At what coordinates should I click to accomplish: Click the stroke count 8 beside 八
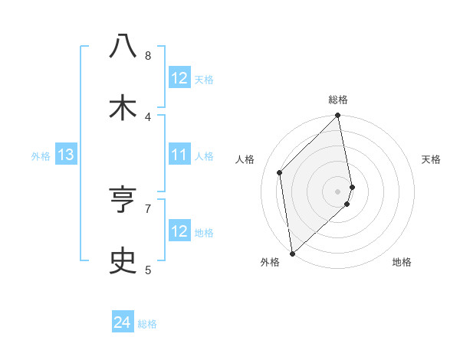click(148, 55)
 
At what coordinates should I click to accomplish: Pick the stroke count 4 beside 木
click(148, 116)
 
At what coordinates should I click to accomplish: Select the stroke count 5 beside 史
click(148, 270)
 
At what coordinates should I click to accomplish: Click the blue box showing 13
click(65, 155)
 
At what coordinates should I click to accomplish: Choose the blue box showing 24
click(123, 323)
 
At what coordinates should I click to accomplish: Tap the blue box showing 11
click(179, 155)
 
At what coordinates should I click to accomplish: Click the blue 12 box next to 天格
click(179, 78)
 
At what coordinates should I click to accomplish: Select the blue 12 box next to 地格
click(179, 231)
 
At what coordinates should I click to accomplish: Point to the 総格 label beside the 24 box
click(147, 324)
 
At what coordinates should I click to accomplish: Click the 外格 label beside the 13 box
click(41, 156)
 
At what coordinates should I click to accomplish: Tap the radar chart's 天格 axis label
click(432, 159)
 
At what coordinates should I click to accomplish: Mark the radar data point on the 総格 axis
click(338, 116)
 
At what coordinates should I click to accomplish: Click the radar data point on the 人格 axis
click(280, 172)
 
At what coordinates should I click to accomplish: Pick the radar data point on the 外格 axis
click(292, 253)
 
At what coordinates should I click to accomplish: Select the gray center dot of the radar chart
click(338, 190)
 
